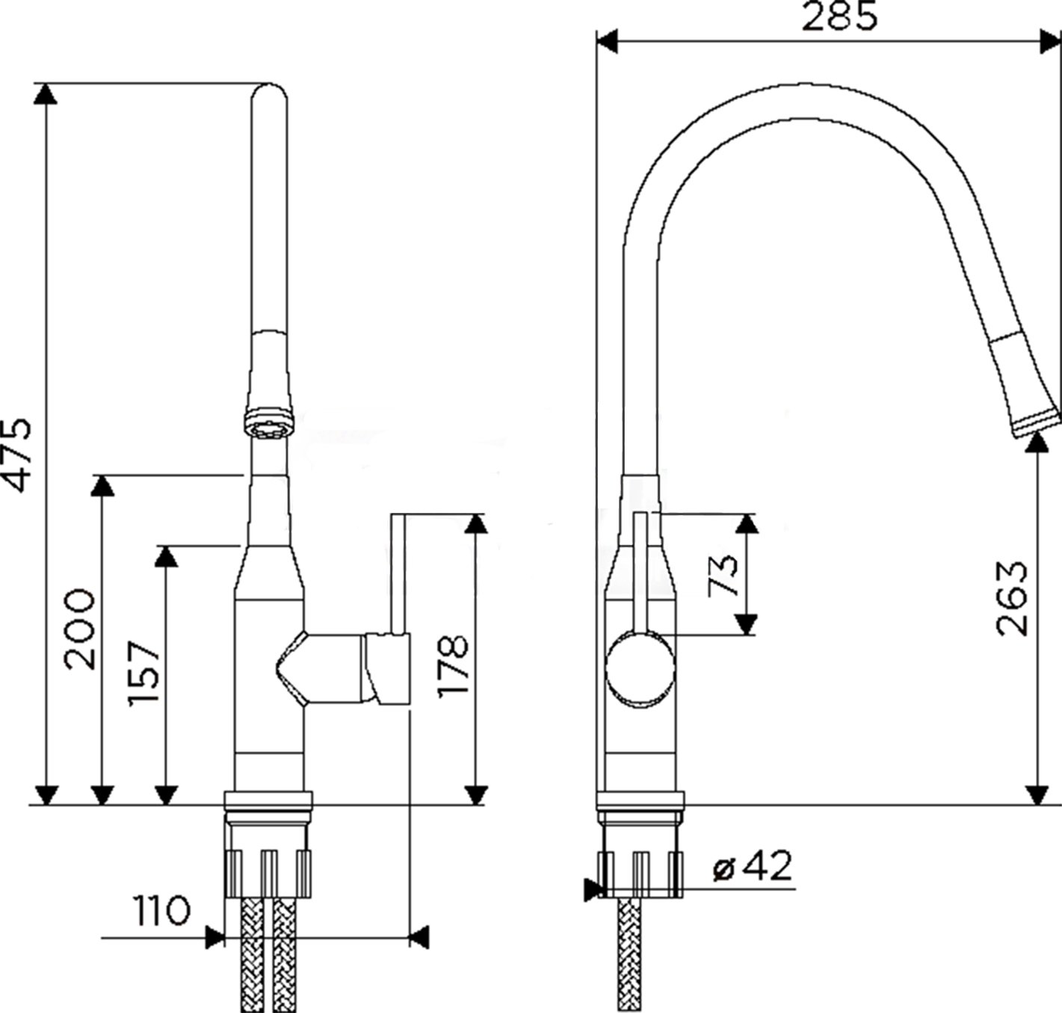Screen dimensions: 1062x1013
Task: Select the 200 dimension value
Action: pos(80,629)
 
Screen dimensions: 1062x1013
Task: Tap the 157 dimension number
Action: pos(143,674)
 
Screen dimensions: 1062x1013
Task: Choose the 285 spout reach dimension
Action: pos(839,16)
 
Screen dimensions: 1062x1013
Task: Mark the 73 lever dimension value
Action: pos(723,575)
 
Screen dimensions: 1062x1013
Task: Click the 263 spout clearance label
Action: pos(1011,598)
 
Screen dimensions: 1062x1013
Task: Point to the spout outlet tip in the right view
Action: pos(1036,425)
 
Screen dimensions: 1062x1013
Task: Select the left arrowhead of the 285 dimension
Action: pos(607,42)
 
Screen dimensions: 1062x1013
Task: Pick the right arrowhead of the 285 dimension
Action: pos(1051,42)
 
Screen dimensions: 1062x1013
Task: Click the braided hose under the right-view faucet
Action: pos(629,955)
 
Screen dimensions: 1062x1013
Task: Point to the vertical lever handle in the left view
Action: pos(398,573)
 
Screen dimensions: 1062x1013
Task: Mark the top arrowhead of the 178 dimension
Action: pos(475,523)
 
